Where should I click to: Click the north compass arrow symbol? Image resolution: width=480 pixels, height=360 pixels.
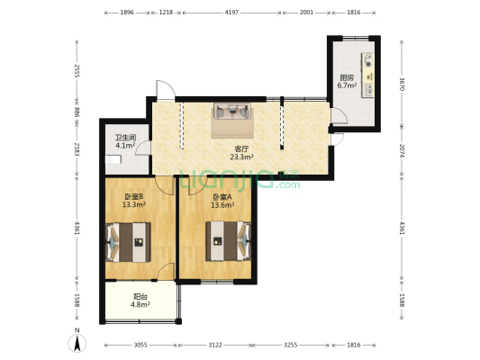pos(77,343)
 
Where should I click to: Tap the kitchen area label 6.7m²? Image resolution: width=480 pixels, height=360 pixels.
pos(347,85)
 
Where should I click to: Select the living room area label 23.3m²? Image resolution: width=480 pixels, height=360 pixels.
pos(241,157)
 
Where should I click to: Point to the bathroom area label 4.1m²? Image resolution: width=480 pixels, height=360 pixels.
pos(125,146)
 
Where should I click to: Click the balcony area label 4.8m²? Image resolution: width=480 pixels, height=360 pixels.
pos(140,304)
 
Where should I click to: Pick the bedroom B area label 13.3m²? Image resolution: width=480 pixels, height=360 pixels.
pos(134,204)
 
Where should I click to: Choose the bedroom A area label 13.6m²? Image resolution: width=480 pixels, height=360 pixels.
pos(222,205)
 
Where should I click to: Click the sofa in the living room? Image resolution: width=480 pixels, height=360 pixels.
pos(232,111)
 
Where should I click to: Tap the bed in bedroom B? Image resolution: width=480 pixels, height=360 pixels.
pos(128,242)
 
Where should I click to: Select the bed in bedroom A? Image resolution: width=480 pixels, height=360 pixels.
pos(228,241)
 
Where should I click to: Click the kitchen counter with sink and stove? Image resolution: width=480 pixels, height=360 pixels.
pos(367,76)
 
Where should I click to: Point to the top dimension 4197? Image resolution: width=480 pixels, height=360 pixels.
pos(231,13)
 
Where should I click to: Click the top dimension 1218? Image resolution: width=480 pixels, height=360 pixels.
pos(166,13)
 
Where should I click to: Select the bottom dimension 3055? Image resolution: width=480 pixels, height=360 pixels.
pos(140,345)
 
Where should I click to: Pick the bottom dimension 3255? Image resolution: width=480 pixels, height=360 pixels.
pos(290,345)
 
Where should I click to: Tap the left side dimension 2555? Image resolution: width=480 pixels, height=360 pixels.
pos(77,71)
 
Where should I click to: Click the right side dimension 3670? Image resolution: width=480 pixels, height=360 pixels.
pos(402,84)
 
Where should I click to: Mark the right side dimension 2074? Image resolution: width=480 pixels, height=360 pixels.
pos(402,151)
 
